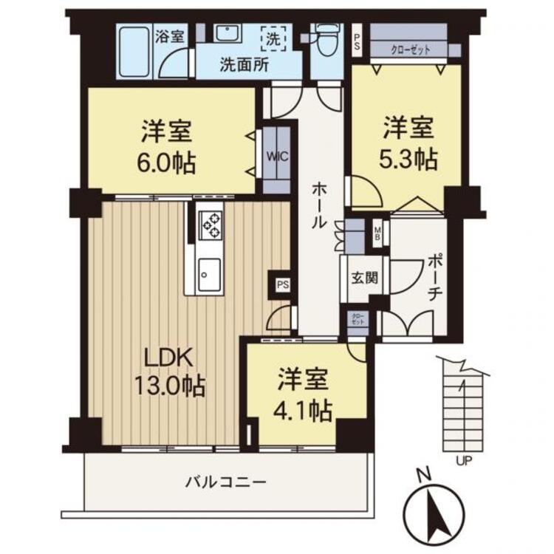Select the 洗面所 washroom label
point(244,64)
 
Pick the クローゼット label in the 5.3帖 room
point(410,49)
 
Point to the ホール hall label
point(318,203)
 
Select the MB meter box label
point(377,234)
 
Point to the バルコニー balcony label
point(225,482)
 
